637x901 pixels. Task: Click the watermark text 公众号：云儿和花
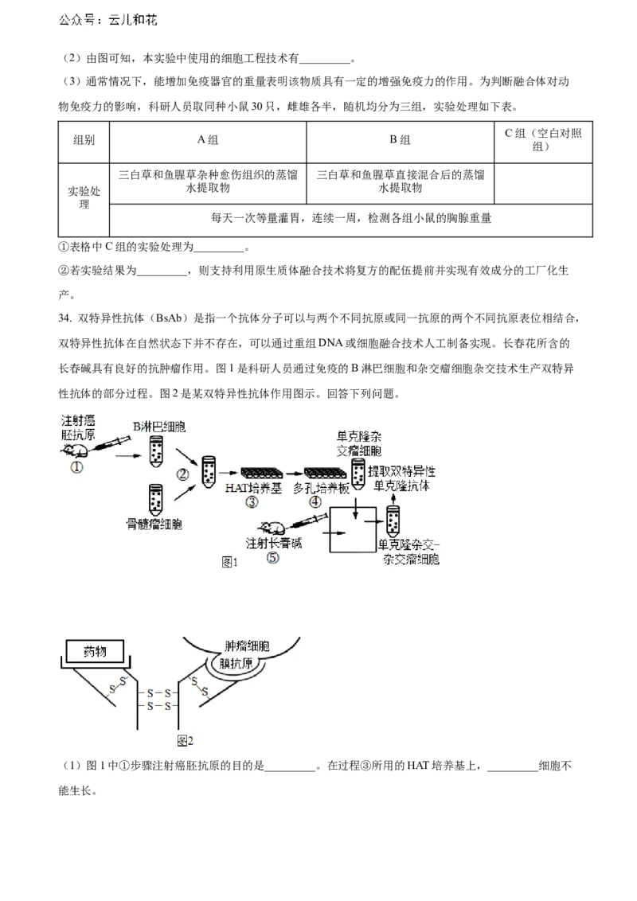point(109,21)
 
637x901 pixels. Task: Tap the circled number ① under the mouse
point(76,468)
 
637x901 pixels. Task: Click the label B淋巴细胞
point(158,427)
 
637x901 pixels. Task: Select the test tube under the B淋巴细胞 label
point(156,451)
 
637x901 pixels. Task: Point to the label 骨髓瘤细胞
point(154,525)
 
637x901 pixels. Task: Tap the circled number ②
point(182,474)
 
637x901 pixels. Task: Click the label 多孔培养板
point(321,487)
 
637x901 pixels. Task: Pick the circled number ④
point(315,502)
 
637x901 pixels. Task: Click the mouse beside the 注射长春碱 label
point(272,528)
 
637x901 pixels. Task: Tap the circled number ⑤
point(272,558)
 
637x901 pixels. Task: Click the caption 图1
point(230,562)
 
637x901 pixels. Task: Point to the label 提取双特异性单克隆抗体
point(402,478)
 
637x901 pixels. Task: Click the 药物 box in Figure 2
point(95,652)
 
